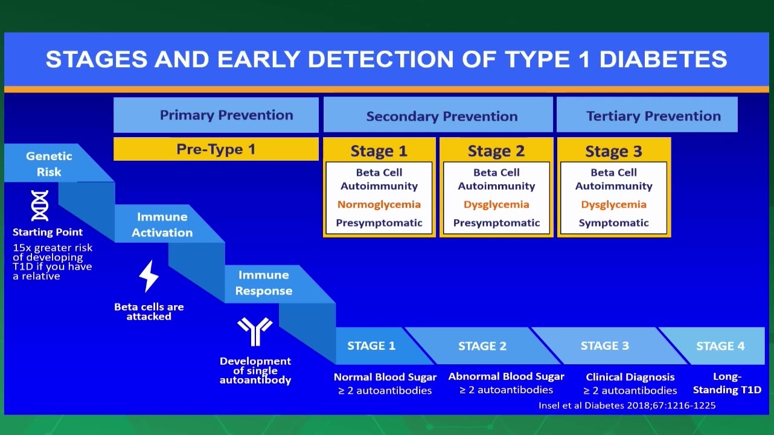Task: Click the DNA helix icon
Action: point(40,205)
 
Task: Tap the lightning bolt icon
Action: point(149,276)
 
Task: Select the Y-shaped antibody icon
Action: point(255,332)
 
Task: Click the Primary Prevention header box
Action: point(216,115)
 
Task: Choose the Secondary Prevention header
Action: point(438,115)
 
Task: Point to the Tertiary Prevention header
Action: point(647,115)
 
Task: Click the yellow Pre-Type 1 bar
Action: point(216,149)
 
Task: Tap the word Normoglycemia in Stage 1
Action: point(379,204)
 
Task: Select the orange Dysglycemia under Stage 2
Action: point(496,204)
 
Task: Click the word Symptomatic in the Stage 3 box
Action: point(613,223)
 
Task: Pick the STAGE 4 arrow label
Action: point(720,346)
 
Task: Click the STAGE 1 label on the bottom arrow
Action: point(371,346)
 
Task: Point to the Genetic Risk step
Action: point(49,164)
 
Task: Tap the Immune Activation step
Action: point(162,224)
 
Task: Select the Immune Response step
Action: point(264,283)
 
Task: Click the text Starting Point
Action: point(48,231)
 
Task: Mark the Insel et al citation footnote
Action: point(627,405)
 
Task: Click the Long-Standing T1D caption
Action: point(727,383)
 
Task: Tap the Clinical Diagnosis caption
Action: point(630,376)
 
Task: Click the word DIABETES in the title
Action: point(664,59)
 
